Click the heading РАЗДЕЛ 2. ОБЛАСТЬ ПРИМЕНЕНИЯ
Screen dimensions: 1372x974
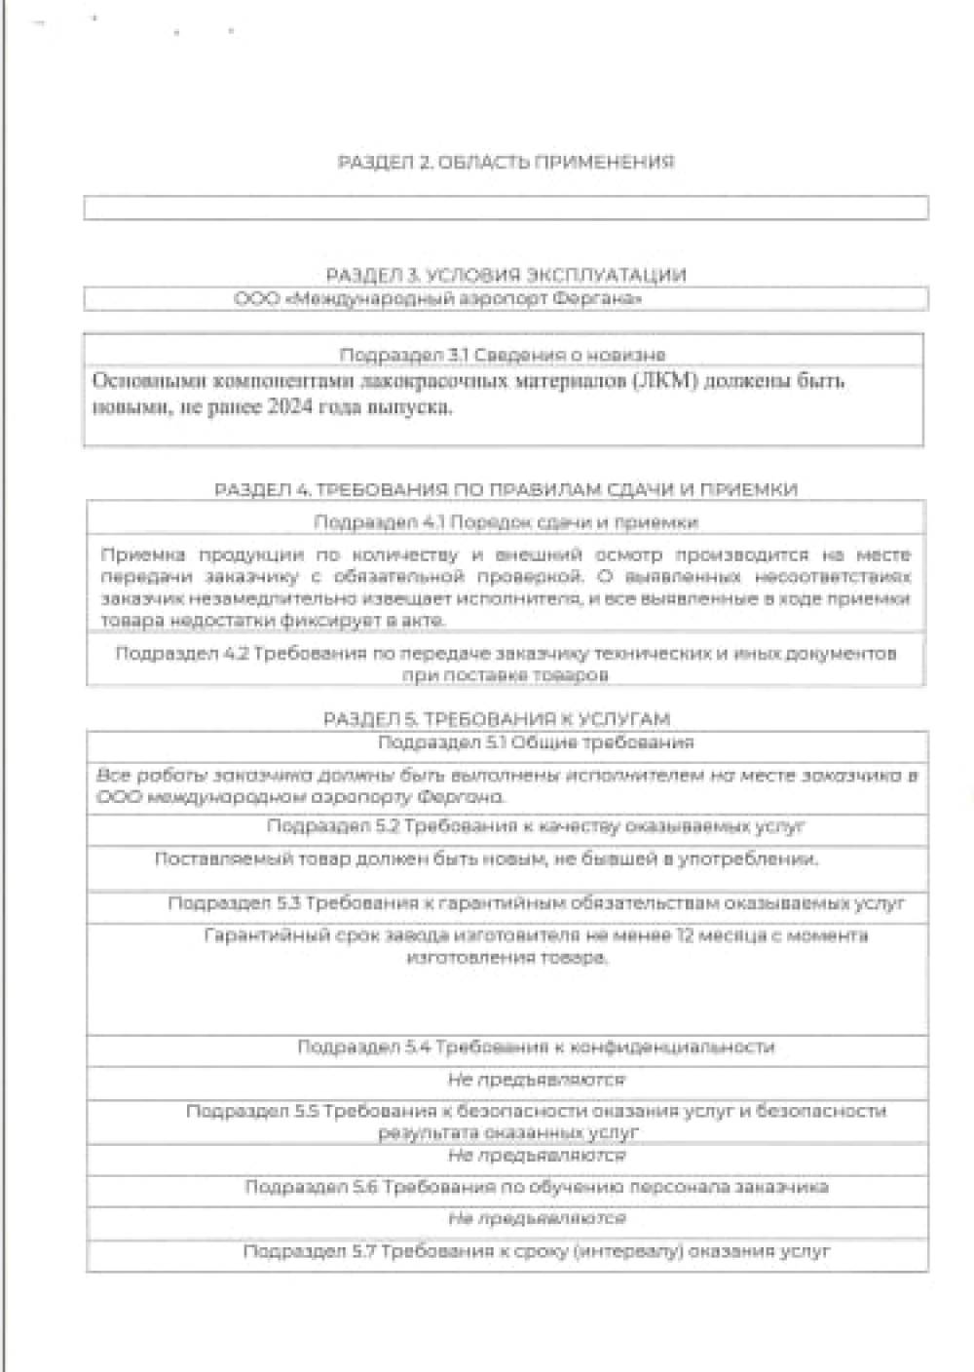tap(506, 162)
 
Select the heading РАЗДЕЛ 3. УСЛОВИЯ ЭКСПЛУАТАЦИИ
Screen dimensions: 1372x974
tap(506, 275)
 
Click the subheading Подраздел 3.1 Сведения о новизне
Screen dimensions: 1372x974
tap(503, 355)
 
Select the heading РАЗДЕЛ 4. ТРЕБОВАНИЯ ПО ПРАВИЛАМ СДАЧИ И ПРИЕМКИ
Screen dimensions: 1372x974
tap(506, 489)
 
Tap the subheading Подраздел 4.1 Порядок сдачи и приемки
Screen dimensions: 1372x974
tap(506, 522)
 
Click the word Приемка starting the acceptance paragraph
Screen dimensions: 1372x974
tap(143, 555)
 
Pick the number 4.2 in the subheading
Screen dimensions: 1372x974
tap(235, 653)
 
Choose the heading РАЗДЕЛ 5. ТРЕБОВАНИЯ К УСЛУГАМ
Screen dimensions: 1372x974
tap(497, 719)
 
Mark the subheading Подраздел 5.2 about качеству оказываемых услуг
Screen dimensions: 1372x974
tap(536, 826)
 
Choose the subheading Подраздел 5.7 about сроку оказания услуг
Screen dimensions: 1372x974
tap(537, 1251)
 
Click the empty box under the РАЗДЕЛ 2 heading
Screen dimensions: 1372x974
tap(506, 208)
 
